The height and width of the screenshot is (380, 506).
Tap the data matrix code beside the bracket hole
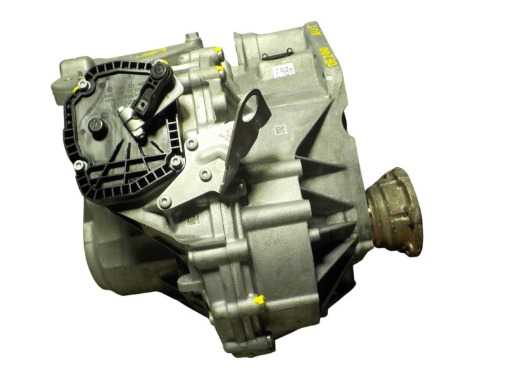[x=280, y=129]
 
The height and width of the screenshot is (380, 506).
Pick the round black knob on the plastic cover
[x=96, y=126]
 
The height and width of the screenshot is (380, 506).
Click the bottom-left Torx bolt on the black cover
[x=80, y=165]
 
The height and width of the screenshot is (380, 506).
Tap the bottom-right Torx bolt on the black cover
[x=175, y=161]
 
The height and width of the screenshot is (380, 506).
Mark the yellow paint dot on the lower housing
[x=259, y=299]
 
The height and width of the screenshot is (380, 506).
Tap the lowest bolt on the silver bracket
[x=165, y=202]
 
